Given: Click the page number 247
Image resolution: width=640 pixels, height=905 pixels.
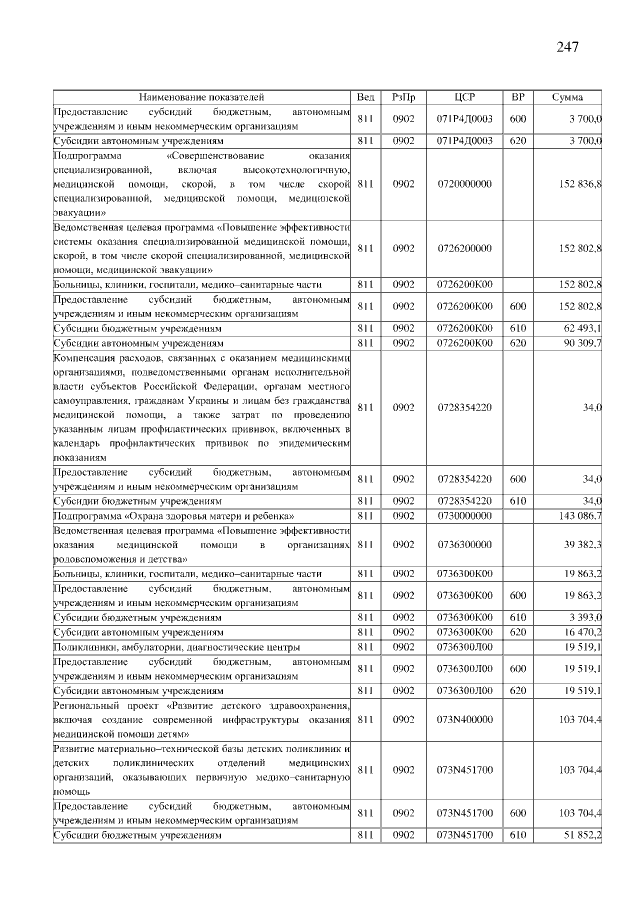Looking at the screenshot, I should (566, 47).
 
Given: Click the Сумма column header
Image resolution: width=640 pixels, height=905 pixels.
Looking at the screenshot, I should (568, 97).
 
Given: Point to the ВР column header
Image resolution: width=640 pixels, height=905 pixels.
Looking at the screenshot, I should (517, 97).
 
